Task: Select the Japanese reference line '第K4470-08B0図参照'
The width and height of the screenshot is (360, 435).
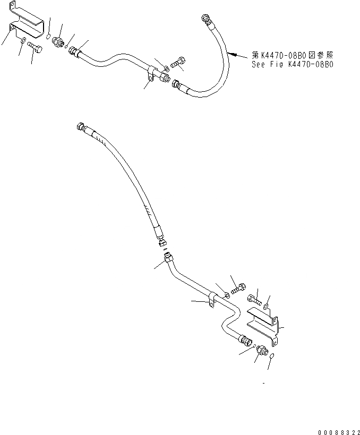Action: pyautogui.click(x=293, y=55)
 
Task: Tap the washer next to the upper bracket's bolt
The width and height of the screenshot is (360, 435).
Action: pyautogui.click(x=24, y=41)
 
